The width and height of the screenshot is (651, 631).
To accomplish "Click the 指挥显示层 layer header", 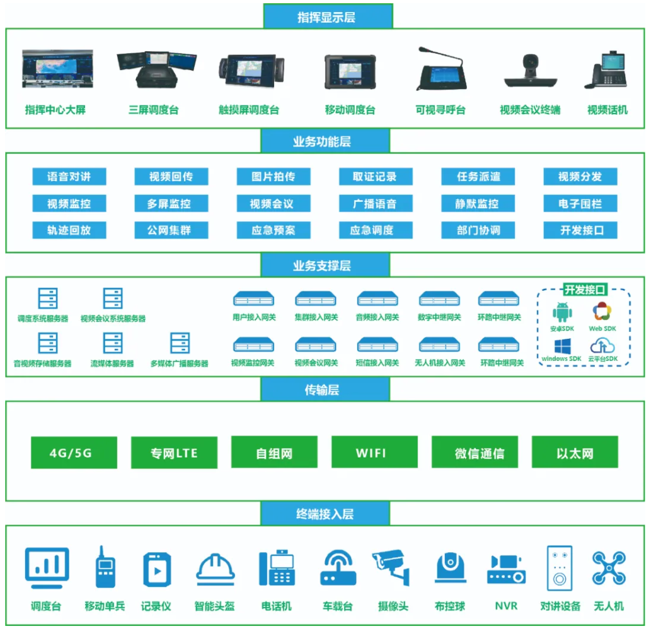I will coord(327,16).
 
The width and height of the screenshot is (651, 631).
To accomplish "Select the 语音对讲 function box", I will coord(69,177).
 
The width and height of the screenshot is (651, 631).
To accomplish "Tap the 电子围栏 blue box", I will coord(580,204).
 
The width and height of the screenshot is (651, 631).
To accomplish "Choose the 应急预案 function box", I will coord(274,230).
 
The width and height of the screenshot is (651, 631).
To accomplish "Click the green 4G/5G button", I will coord(74,453).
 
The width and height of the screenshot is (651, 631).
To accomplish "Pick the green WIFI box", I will coord(374,453).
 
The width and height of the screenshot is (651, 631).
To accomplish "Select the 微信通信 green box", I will coord(475,453).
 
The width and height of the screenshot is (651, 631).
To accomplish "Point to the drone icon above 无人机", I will coord(609,567).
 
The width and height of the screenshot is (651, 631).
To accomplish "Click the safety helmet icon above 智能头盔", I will coord(215,567).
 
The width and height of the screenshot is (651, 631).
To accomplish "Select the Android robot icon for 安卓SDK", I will coord(562,312).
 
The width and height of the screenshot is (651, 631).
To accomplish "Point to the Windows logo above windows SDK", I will coord(562,346).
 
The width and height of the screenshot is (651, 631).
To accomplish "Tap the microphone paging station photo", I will coord(441,71).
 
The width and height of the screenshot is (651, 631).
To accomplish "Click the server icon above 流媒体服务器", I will coord(113,343).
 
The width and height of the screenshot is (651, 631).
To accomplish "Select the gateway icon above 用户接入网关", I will coord(254,298).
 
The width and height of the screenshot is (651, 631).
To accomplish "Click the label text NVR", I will coord(506,606).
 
